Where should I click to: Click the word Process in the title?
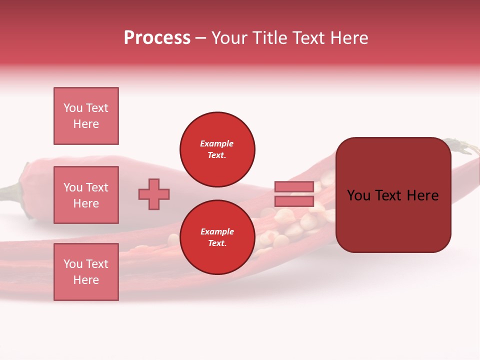[157, 38]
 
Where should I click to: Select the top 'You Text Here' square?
[86, 116]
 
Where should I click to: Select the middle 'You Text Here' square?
[86, 195]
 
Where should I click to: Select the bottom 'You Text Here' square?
[86, 272]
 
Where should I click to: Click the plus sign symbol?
[154, 194]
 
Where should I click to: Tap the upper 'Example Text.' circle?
[217, 149]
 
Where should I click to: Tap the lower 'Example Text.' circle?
[217, 237]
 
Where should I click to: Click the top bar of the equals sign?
[294, 186]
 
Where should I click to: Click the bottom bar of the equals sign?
[294, 201]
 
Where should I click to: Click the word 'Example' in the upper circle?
[216, 143]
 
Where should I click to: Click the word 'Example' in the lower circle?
[216, 231]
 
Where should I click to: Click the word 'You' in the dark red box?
[359, 195]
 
